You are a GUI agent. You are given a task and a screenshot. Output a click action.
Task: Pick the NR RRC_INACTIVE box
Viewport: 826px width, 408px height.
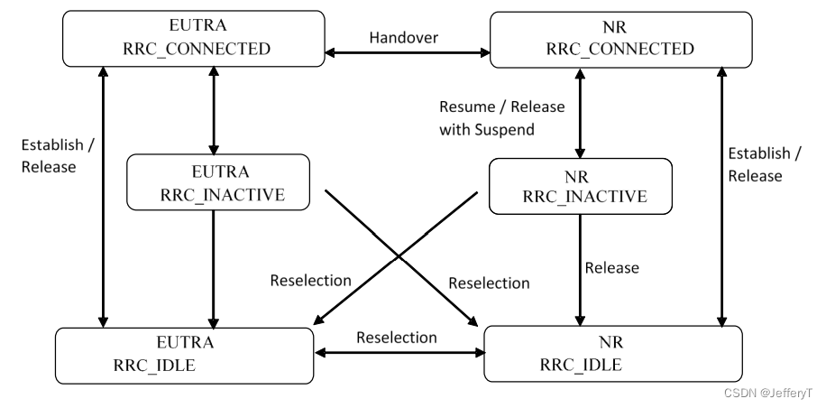coord(580,187)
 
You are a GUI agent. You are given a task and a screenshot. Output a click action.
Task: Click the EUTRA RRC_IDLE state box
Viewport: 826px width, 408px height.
coord(183,355)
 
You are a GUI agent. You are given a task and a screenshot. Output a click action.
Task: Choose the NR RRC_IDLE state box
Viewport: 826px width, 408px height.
coord(613,355)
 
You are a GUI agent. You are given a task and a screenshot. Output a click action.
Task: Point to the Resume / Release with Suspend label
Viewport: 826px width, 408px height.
coord(501,118)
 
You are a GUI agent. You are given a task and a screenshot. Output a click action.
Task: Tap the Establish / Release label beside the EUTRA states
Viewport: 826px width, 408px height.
coord(52,155)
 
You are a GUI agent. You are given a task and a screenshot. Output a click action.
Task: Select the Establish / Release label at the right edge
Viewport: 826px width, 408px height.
coord(755,164)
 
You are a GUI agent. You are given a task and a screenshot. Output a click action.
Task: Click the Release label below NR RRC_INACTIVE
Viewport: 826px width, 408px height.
coord(611,267)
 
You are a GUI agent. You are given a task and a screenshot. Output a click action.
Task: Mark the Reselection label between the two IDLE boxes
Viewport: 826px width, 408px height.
coord(397,338)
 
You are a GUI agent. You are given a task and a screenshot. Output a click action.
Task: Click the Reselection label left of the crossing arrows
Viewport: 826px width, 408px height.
coord(310,280)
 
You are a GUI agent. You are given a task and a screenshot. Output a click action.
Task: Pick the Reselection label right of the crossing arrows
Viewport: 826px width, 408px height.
coord(489,283)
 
